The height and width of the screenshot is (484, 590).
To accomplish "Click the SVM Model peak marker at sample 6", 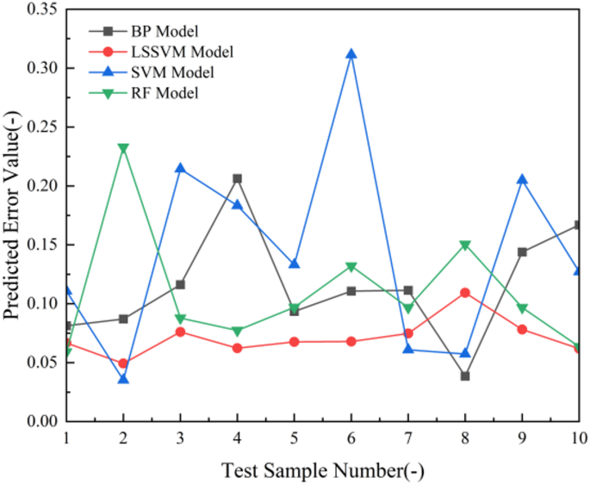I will click(351, 54).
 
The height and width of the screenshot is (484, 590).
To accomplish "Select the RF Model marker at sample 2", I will click(123, 148).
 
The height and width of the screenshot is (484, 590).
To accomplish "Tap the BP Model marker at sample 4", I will click(238, 178).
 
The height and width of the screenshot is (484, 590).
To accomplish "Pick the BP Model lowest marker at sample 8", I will click(465, 375).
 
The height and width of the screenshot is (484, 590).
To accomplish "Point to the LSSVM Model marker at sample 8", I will click(465, 293).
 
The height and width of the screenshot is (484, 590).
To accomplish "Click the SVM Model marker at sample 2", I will click(123, 379).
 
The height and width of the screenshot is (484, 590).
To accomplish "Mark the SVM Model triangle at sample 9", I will click(522, 179).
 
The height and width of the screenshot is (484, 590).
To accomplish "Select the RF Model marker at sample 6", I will click(351, 267).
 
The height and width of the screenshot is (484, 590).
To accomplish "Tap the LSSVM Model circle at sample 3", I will click(181, 332).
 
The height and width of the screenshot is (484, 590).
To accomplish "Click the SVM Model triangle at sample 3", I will click(181, 168).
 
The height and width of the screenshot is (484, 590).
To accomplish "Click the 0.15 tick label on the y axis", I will click(41, 245).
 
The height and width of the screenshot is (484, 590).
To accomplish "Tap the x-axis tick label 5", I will click(295, 438).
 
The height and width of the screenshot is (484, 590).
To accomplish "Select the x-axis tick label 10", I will click(578, 438).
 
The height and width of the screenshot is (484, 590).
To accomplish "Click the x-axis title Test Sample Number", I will click(322, 470).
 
